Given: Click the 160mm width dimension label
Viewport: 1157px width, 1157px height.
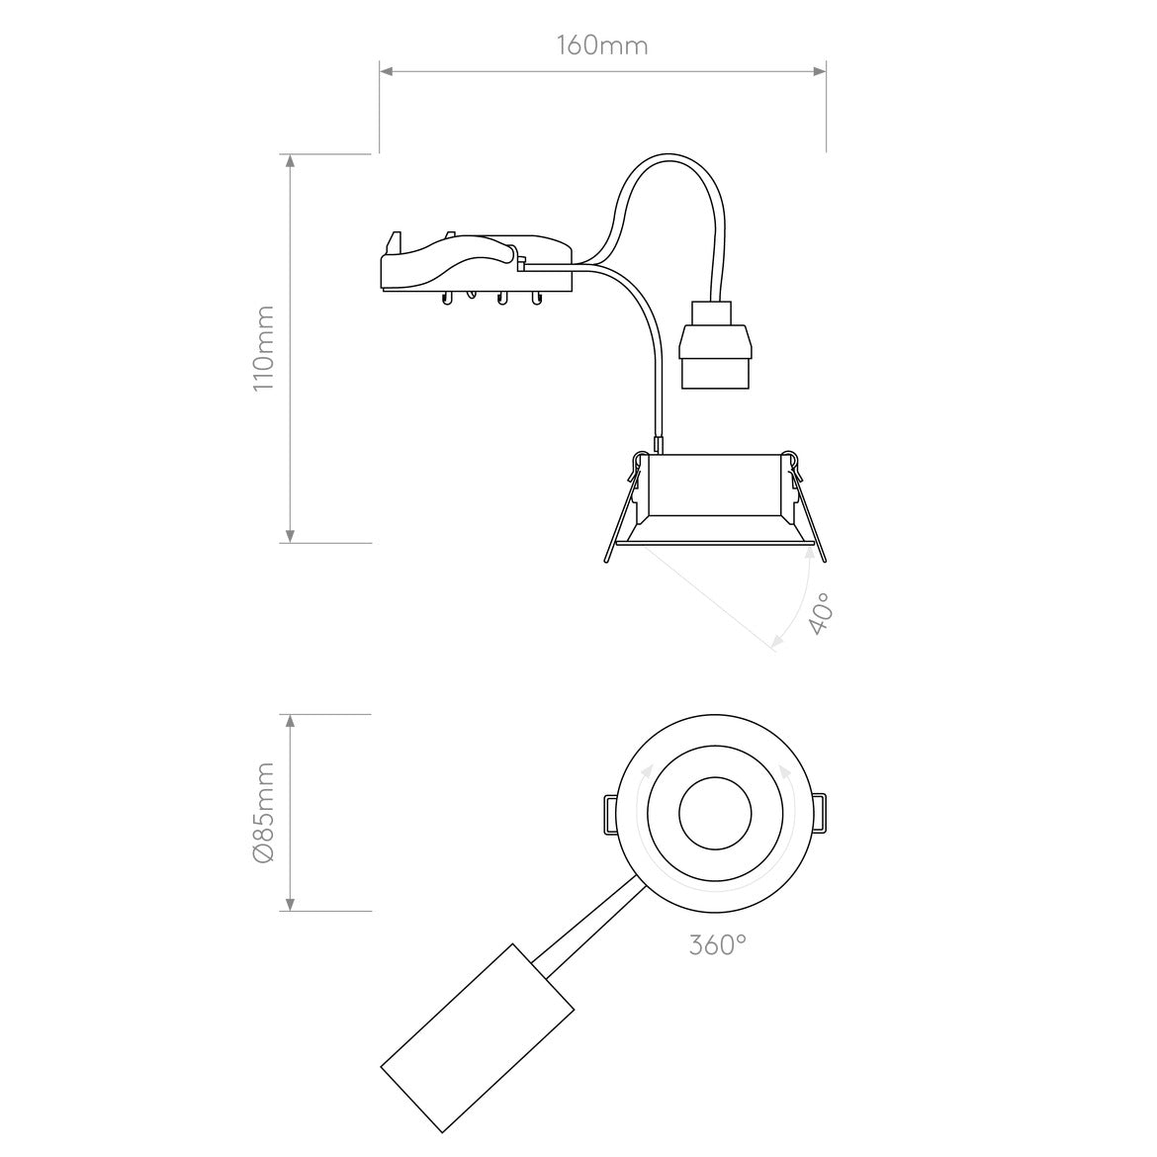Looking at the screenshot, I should (x=602, y=45).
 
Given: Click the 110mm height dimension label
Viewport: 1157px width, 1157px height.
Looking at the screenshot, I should (x=263, y=348).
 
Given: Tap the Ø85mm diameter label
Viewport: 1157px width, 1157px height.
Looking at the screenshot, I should (x=263, y=813).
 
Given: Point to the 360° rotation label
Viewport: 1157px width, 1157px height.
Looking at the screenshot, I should (x=717, y=945).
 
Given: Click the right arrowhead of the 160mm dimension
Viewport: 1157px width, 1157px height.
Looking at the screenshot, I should (x=819, y=71).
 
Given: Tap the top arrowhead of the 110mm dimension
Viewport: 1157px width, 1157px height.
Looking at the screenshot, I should (x=291, y=162).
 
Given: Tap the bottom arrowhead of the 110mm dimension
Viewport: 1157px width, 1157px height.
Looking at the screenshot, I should (x=291, y=535).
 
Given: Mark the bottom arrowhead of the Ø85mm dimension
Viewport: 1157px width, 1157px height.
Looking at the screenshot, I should (x=291, y=903).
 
